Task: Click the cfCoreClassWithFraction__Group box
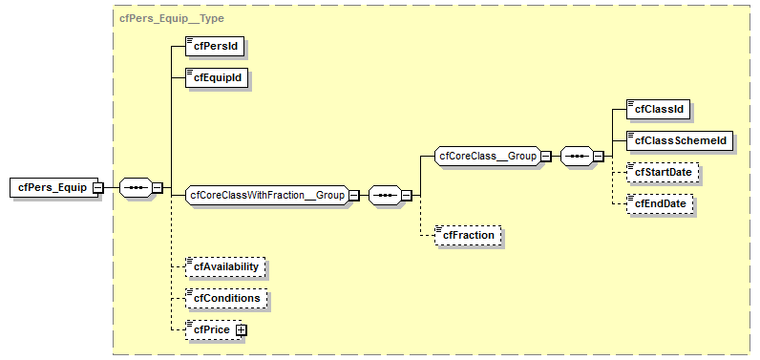(267, 195)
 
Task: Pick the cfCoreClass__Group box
(487, 155)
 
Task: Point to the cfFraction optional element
(467, 234)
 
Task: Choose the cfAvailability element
(226, 266)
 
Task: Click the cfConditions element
(226, 298)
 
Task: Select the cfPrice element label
(211, 329)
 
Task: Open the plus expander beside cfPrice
(242, 329)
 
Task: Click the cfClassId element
(660, 109)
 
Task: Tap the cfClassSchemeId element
(680, 140)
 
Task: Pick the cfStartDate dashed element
(663, 172)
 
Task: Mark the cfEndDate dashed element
(660, 203)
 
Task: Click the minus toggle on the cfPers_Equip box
(97, 188)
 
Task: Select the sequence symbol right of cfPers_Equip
(136, 188)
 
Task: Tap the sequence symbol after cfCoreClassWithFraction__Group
(384, 195)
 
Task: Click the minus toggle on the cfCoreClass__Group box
(545, 156)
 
